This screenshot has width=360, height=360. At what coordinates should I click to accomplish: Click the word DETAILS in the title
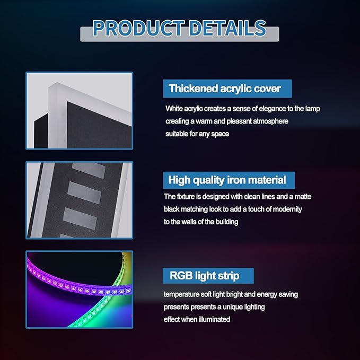pos(227,28)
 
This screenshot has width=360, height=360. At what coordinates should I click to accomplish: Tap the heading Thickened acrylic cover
pos(225,89)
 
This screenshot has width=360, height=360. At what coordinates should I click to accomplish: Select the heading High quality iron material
pos(227,180)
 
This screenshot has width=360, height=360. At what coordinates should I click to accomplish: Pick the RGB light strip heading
pos(204,276)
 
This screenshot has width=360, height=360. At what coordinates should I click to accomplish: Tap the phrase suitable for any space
pos(197,134)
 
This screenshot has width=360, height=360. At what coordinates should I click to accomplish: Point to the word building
pos(226,222)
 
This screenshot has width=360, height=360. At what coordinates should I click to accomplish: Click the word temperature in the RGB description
pos(181,294)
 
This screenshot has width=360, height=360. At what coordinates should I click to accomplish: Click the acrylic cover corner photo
pos(80,111)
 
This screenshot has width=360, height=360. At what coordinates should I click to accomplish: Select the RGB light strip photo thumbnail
pos(80,289)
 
